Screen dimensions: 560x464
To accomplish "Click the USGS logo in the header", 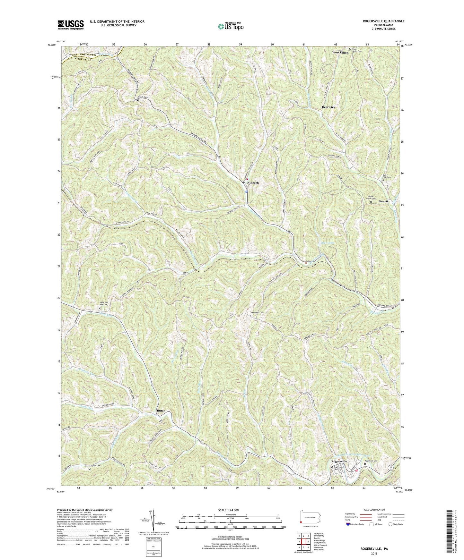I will pos(70,24).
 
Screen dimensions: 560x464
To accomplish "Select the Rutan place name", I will pos(161,411).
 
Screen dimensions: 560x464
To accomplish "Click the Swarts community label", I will pos(383,201).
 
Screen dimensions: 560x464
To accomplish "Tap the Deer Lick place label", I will pos(328,107).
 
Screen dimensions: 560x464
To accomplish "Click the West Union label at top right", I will pos(340,52).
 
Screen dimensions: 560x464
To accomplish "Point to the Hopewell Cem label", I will pos(257,312).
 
